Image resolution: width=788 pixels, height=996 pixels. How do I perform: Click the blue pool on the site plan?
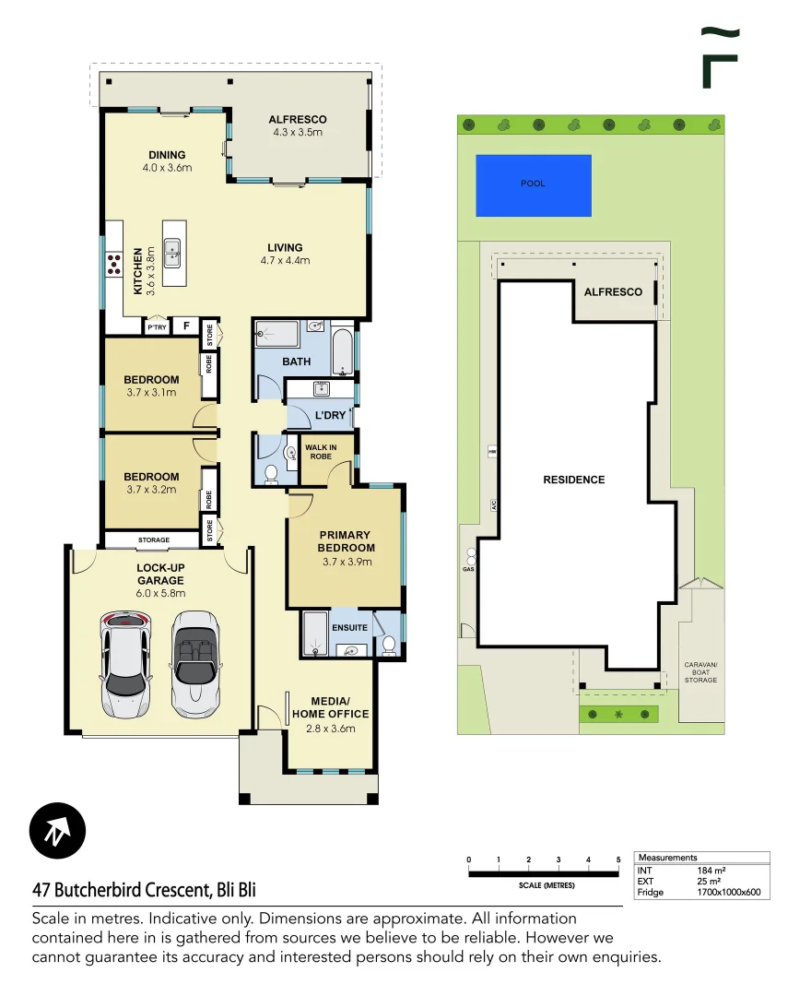(533, 184)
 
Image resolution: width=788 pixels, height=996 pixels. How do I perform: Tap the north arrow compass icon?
(57, 832)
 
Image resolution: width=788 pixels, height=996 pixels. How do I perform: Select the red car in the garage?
(124, 664)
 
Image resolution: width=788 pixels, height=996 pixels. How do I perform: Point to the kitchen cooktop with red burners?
(115, 265)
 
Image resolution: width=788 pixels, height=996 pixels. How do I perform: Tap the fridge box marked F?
(185, 326)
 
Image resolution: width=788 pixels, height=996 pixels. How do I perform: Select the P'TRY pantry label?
(158, 326)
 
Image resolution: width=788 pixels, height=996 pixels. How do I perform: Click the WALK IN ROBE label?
(321, 452)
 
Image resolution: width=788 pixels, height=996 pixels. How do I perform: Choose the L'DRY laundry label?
(330, 415)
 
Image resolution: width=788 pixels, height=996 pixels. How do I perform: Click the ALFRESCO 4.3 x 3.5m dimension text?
(297, 132)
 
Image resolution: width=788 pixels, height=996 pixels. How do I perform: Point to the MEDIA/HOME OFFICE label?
(330, 707)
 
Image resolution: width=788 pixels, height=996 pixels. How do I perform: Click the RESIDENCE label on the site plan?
(573, 480)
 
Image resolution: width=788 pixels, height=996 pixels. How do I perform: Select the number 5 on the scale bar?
(618, 860)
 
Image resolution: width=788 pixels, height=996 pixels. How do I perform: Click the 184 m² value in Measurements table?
(711, 870)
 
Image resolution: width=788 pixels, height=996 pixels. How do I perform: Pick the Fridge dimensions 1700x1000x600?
(728, 892)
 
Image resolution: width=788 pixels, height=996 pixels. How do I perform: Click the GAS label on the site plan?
(467, 569)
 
